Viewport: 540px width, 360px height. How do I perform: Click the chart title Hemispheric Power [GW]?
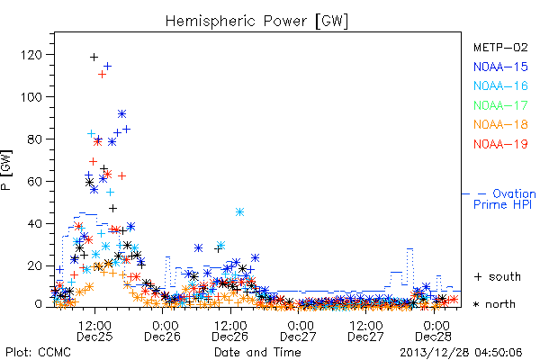(256, 22)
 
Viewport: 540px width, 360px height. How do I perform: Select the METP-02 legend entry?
(500, 47)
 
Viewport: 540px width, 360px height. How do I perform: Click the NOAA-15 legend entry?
(500, 67)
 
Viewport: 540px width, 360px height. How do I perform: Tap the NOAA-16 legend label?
(500, 85)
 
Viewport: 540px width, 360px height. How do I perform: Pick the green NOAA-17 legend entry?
(500, 105)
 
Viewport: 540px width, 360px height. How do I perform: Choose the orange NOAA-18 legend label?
(500, 124)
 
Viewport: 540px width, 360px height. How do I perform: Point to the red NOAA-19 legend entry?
(500, 144)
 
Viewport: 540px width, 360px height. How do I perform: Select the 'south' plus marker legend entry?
(498, 276)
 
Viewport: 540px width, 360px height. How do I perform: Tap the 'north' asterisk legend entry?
(494, 304)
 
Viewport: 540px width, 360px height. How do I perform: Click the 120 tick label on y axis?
(31, 55)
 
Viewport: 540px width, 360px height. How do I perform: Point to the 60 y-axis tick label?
(34, 182)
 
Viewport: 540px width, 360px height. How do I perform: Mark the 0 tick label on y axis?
(38, 304)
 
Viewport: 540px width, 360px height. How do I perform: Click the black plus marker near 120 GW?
(94, 57)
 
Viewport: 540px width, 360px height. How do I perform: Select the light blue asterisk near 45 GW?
(239, 211)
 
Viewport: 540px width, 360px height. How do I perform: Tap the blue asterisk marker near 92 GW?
(121, 113)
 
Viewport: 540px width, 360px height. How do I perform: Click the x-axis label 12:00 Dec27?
(365, 331)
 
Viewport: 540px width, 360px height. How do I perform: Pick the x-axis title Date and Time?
(257, 353)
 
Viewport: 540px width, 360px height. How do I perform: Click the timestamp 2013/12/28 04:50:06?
(461, 353)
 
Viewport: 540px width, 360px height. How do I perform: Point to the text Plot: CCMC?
(38, 353)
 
